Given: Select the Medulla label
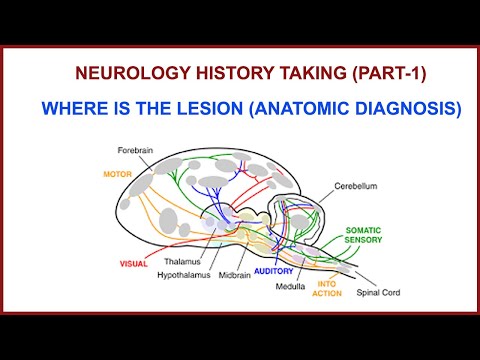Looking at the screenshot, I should (290, 285).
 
